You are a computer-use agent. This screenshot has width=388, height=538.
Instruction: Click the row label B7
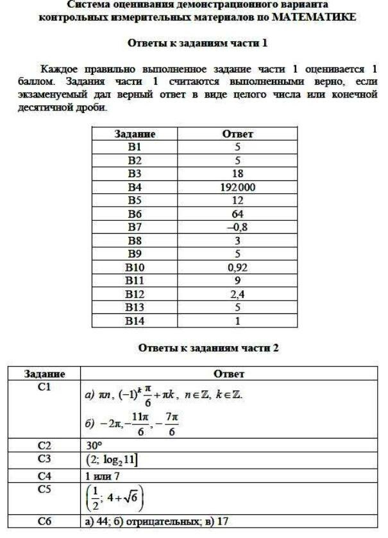click(135, 227)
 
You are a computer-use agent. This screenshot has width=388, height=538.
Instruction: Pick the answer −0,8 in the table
click(237, 227)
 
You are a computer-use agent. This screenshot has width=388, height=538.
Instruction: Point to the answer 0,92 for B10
click(237, 267)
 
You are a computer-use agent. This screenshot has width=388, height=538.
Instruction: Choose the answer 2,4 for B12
click(237, 294)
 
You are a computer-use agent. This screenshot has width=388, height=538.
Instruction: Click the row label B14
click(135, 320)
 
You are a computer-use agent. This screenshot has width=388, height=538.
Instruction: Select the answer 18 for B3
click(237, 173)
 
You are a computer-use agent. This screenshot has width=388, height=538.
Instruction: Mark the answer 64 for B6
click(237, 214)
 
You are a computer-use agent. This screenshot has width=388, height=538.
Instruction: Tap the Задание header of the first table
click(135, 134)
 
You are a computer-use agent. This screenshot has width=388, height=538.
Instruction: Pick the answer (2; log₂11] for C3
click(113, 460)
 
